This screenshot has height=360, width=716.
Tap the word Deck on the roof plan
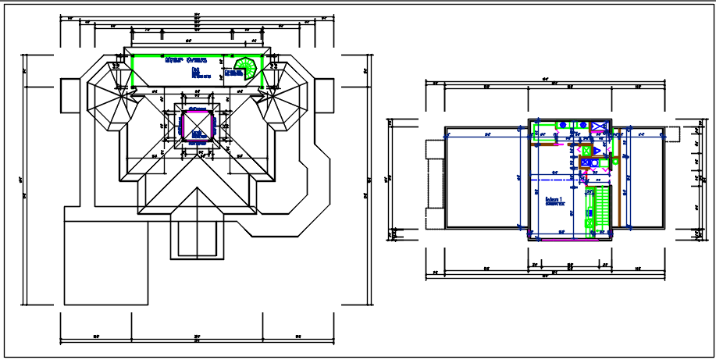(x=195, y=70)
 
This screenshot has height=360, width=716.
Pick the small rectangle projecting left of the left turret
(x=72, y=94)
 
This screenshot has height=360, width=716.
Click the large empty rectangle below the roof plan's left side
(x=106, y=262)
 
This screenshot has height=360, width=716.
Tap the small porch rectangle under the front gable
(x=196, y=239)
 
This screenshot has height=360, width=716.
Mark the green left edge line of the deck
(x=131, y=71)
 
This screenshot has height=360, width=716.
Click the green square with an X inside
(x=587, y=150)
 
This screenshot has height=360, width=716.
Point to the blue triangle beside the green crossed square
(x=597, y=151)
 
